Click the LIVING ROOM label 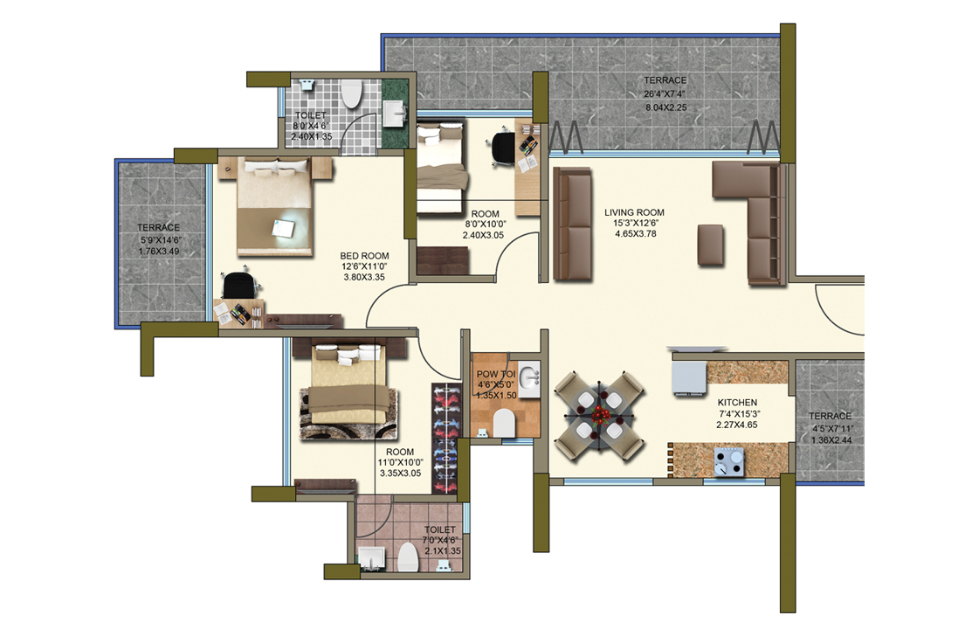635,212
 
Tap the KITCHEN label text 737,403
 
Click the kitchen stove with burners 728,461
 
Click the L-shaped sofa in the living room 756,218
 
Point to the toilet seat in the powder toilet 504,424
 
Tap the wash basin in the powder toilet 527,378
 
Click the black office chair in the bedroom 239,285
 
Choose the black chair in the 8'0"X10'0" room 504,146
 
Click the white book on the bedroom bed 284,228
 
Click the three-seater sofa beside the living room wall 573,224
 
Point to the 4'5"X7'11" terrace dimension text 830,428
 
